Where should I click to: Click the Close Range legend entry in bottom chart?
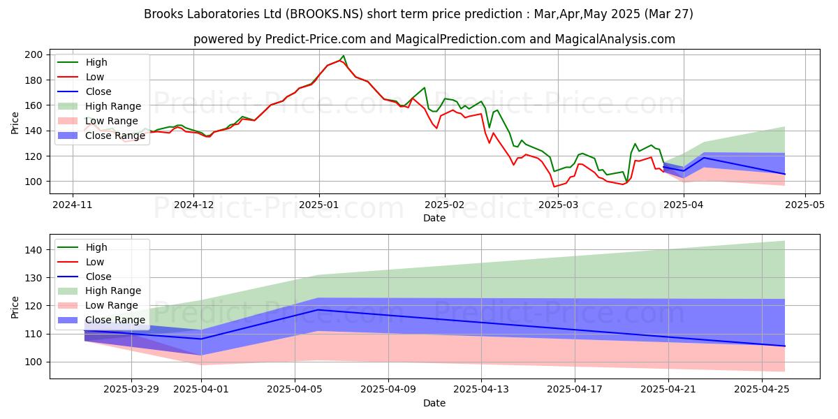pyautogui.click(x=115, y=320)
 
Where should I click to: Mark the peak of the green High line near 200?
pyautogui.click(x=344, y=56)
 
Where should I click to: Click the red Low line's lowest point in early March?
pyautogui.click(x=554, y=186)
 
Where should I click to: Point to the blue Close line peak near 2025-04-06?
pyautogui.click(x=318, y=309)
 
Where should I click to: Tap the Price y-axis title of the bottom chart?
pyautogui.click(x=15, y=306)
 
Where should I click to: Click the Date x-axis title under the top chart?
pyautogui.click(x=434, y=219)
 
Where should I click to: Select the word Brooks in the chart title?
pyautogui.click(x=162, y=14)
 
